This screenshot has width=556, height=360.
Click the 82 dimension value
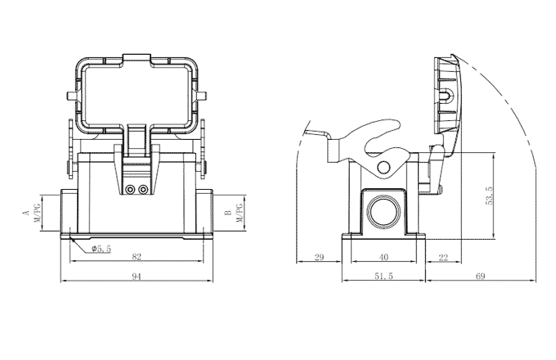coord(137,257)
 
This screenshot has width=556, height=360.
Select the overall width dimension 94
coord(137,277)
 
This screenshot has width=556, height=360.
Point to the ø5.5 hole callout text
coord(102,247)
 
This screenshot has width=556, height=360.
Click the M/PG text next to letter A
coord(37,214)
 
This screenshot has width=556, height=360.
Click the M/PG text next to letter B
coord(240,214)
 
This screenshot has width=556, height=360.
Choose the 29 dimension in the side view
coord(319,257)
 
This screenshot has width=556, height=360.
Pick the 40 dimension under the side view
coord(383,257)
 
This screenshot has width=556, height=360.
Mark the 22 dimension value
coord(444,257)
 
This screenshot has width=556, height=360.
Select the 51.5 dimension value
coord(383,277)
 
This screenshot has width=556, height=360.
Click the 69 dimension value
coord(480,277)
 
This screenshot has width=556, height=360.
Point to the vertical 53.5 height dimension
coord(489,197)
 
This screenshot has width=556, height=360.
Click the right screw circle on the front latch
coord(144,190)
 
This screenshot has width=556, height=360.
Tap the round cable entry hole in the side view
coord(383,212)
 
